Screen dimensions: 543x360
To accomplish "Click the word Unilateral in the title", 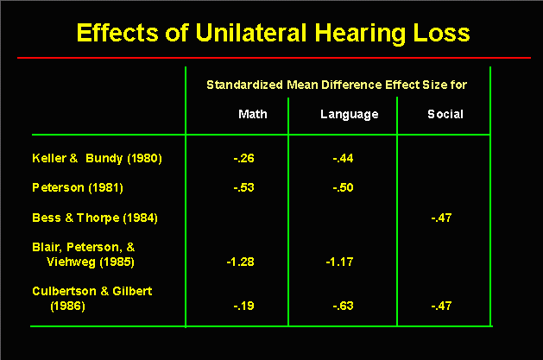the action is pos(251,33).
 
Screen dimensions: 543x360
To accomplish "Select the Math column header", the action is pos(253,114).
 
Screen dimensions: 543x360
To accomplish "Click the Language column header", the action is pos(349,115).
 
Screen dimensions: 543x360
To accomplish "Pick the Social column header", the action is pos(445,114).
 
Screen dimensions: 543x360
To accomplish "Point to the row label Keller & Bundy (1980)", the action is pos(97,158).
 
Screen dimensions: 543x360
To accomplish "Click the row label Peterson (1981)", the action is pos(78,187).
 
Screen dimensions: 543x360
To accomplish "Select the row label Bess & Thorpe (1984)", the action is pos(95,218).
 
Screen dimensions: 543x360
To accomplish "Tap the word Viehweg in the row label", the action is pos(71,262).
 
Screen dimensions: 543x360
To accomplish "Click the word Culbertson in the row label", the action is pos(64,291).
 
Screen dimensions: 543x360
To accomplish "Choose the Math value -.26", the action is pos(243,158).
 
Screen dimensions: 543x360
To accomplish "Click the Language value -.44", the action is pos(343,158).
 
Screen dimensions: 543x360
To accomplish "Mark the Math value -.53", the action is pos(243,187).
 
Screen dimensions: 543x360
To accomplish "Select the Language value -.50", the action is pos(343,187).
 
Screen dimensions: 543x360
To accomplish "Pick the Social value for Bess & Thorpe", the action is pos(441,218).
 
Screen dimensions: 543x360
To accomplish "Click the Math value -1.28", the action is pos(240,262).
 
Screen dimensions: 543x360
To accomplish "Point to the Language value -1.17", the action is pos(339,262).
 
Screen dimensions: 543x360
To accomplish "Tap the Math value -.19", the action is pos(243,306).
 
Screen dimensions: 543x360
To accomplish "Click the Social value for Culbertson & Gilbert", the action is pos(441,306).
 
